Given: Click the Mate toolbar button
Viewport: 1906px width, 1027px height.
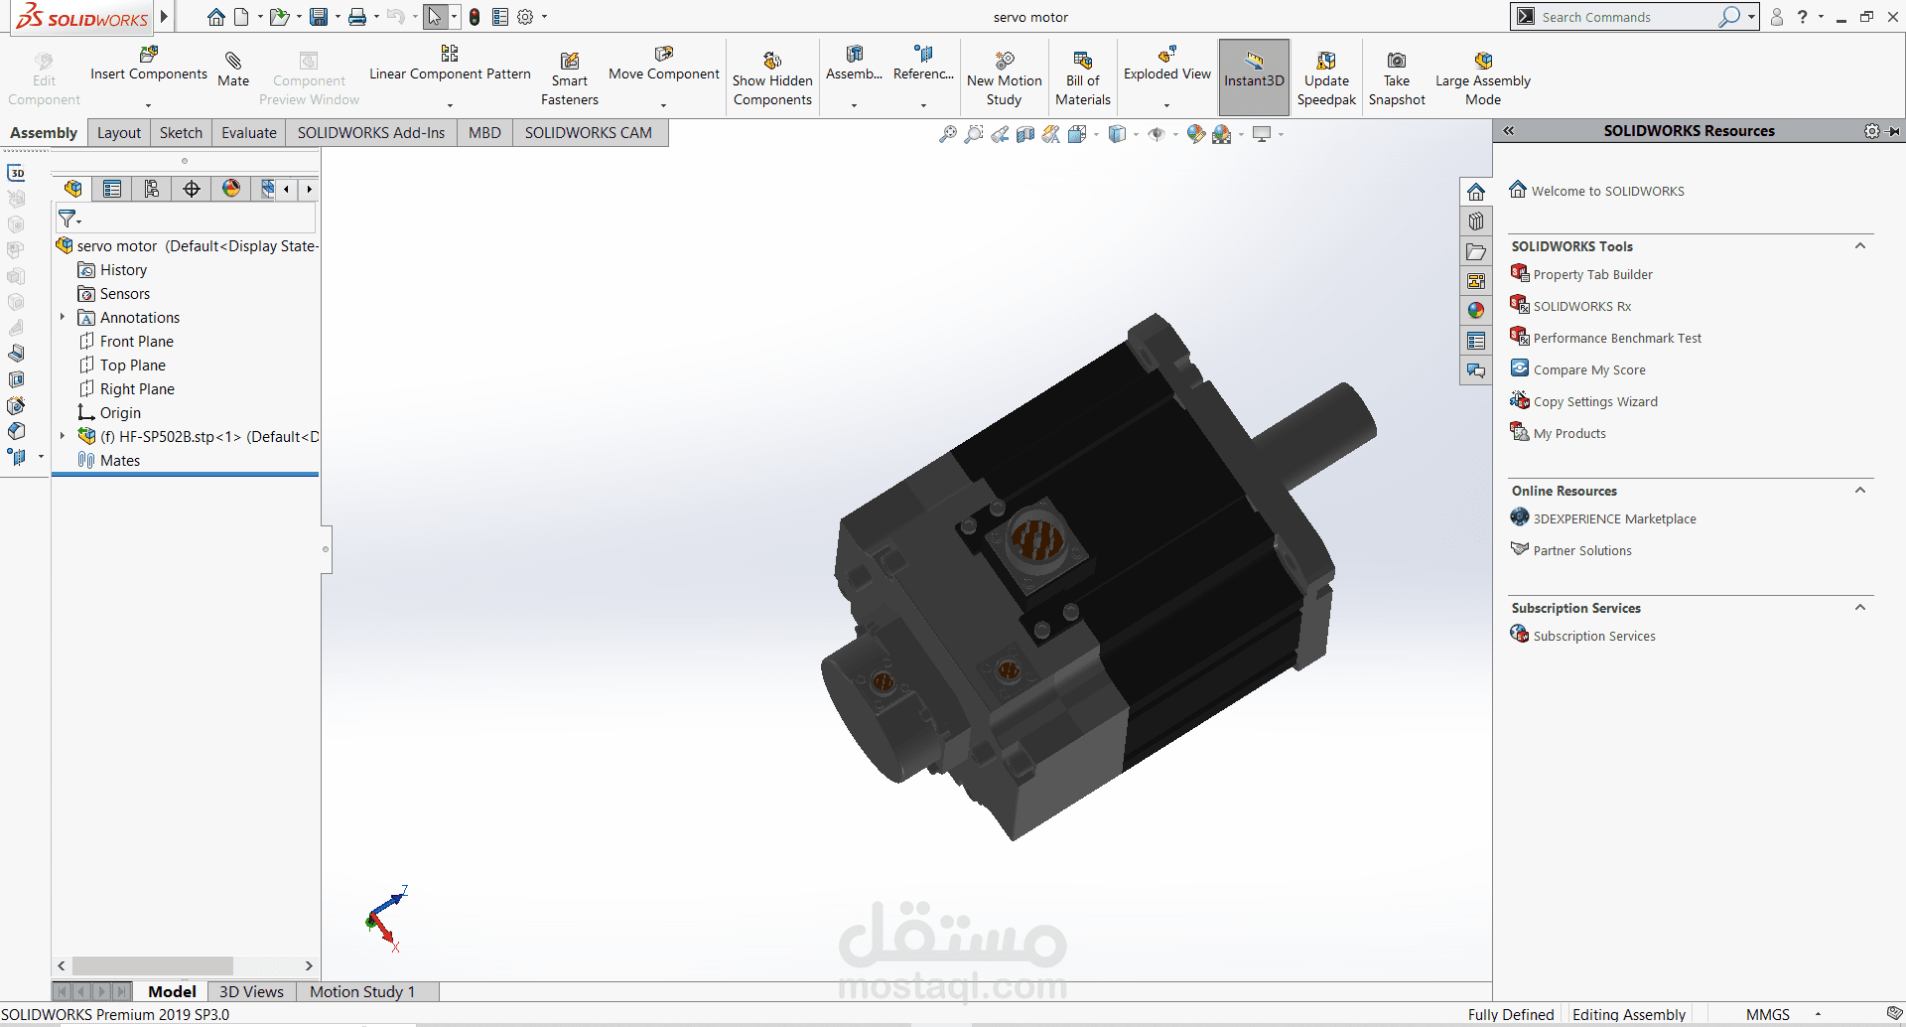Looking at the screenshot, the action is click(x=233, y=70).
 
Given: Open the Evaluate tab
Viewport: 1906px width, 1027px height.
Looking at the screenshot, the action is click(x=248, y=133).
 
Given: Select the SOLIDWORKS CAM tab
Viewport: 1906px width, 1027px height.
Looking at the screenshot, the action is click(x=588, y=133).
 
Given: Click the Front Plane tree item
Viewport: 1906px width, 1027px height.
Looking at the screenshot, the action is click(x=136, y=342).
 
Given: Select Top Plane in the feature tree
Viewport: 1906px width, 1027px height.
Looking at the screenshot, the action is click(x=132, y=366).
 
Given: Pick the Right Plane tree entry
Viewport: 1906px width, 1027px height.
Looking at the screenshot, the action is click(x=137, y=389).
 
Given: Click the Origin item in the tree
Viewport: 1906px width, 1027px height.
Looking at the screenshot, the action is click(x=120, y=413).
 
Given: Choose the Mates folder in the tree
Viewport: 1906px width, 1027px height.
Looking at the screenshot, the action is click(x=119, y=461).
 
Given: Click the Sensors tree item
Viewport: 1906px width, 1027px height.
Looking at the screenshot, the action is click(x=124, y=294).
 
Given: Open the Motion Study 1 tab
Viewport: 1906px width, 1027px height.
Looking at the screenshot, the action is click(x=361, y=991).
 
